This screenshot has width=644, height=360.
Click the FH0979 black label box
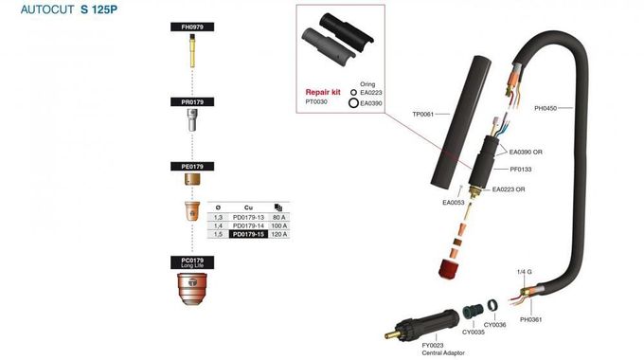192,27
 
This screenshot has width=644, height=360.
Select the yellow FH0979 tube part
192,51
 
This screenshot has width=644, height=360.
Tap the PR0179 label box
192,102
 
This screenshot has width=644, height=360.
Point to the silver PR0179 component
192,120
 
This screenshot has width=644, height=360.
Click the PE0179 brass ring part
192,180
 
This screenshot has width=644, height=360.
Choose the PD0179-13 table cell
248,217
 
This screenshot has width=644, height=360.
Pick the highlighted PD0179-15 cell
248,234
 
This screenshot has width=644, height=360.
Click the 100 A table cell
278,225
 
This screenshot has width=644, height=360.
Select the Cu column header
248,207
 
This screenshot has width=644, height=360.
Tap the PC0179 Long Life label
192,262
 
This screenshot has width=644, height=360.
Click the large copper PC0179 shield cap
192,289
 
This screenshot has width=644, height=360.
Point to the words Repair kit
323,92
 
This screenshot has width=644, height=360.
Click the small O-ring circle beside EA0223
353,93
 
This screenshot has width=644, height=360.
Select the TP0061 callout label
423,114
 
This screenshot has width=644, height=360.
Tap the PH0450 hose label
546,108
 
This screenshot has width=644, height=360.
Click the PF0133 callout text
521,169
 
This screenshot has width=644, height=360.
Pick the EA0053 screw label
454,202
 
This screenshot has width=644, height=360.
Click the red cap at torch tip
449,270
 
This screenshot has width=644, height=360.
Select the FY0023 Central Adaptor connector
423,323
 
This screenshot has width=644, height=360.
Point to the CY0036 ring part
492,305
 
